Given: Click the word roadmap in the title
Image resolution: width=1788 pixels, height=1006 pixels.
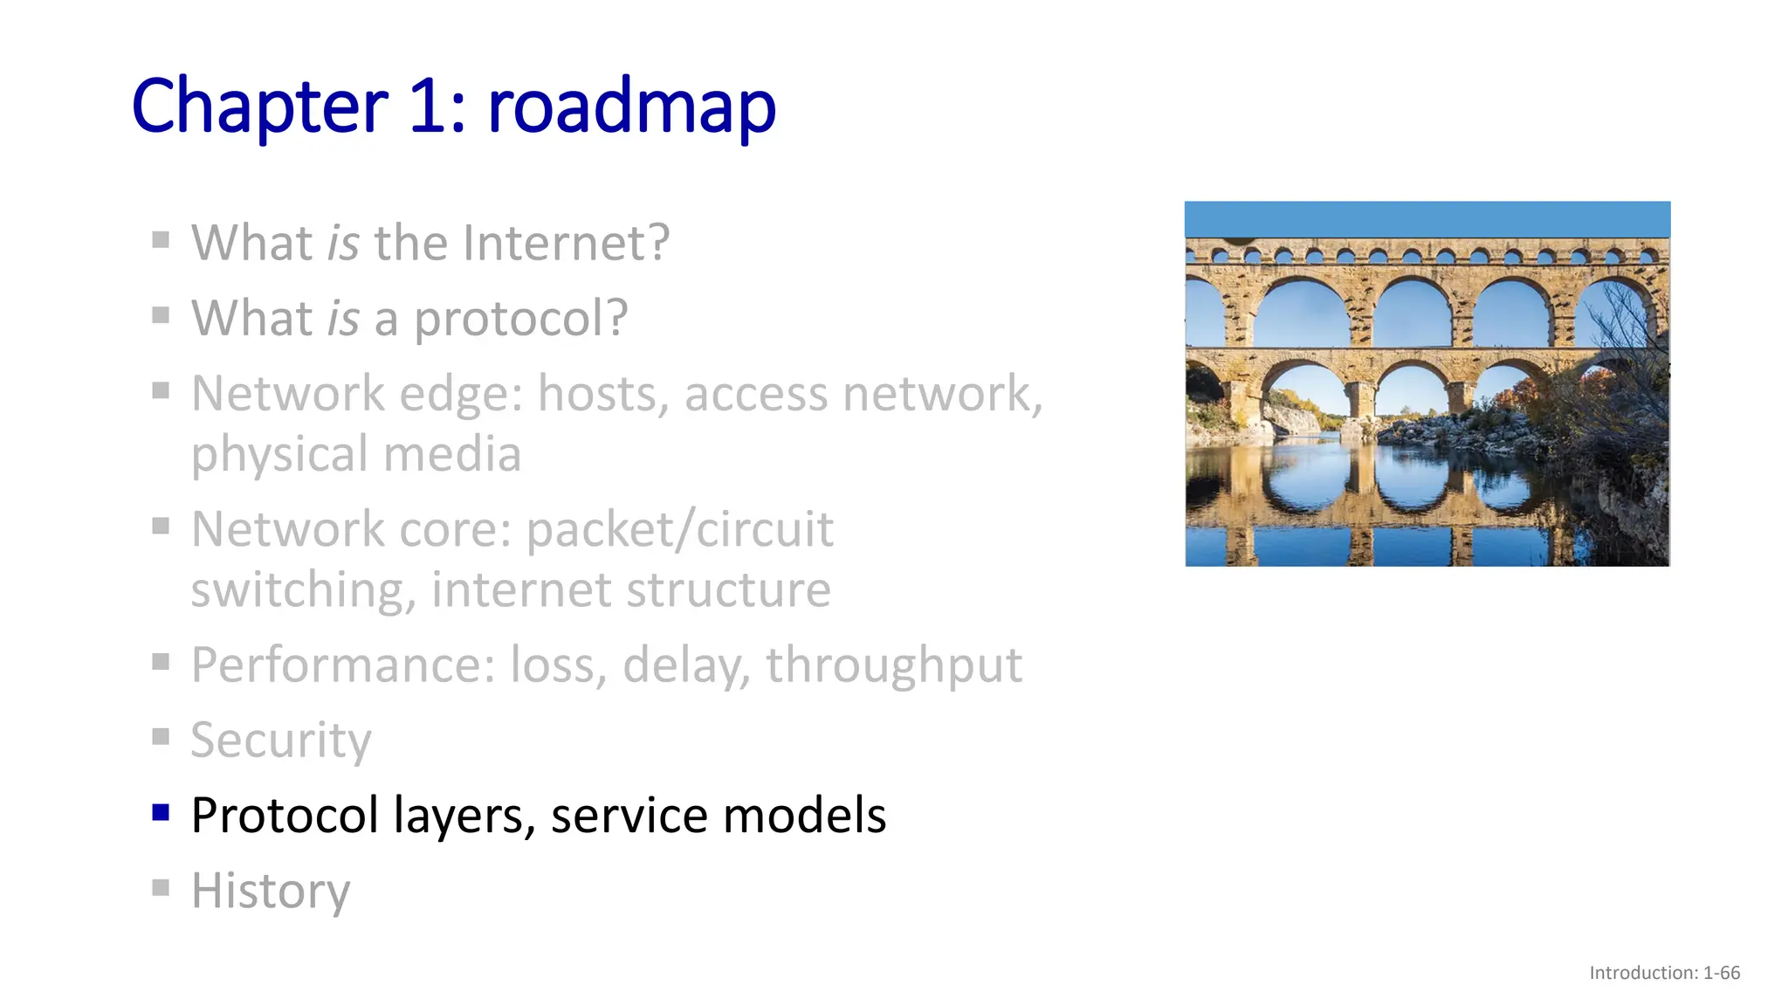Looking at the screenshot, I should (631, 107).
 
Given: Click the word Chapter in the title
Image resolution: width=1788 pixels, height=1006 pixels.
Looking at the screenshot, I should (259, 107).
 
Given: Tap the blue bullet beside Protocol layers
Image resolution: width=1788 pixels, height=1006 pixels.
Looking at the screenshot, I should (161, 813).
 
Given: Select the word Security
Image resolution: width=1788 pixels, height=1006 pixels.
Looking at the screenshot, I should (281, 741).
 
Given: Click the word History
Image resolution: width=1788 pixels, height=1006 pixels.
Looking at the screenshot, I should (271, 891).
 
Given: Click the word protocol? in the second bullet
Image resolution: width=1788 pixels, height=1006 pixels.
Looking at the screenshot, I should (520, 318).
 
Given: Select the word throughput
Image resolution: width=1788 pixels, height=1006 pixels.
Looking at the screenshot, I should (893, 665).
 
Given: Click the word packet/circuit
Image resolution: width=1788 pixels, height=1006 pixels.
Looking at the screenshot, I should (680, 529).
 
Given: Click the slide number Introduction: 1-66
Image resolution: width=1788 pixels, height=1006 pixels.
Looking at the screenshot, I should (1664, 973).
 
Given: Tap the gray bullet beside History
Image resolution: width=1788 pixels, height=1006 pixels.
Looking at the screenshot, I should (161, 888).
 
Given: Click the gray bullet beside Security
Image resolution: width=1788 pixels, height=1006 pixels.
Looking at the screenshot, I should (161, 738).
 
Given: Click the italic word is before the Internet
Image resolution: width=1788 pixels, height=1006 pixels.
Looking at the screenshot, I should (342, 243).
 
